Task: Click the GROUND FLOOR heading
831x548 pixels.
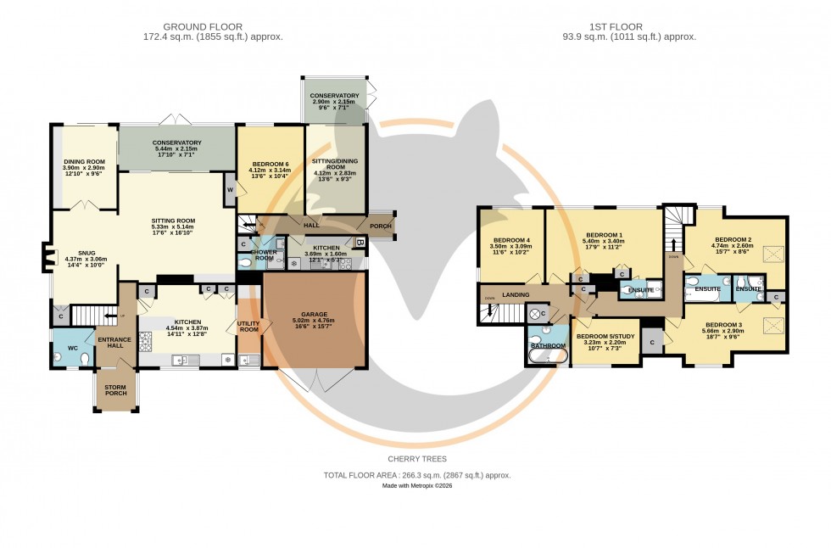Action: point(213,25)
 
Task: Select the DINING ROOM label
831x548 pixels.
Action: point(84,161)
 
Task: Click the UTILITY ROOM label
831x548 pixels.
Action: point(248,326)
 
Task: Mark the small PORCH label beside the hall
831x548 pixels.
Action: point(380,226)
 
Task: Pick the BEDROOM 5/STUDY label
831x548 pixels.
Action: point(605,337)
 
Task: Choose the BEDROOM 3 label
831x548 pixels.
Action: point(723,325)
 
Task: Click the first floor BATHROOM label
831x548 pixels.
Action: point(547,345)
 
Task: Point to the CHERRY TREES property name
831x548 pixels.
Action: point(416,459)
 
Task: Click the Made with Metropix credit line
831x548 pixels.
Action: point(416,487)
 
